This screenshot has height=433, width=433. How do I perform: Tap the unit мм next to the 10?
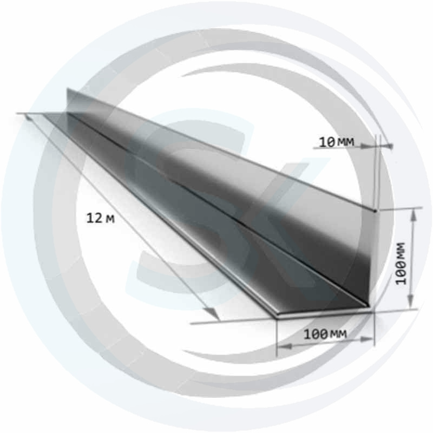click(345, 142)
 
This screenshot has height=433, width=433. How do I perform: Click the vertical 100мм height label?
click(400, 264)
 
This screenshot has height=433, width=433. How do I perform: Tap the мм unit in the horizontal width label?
click(338, 334)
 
